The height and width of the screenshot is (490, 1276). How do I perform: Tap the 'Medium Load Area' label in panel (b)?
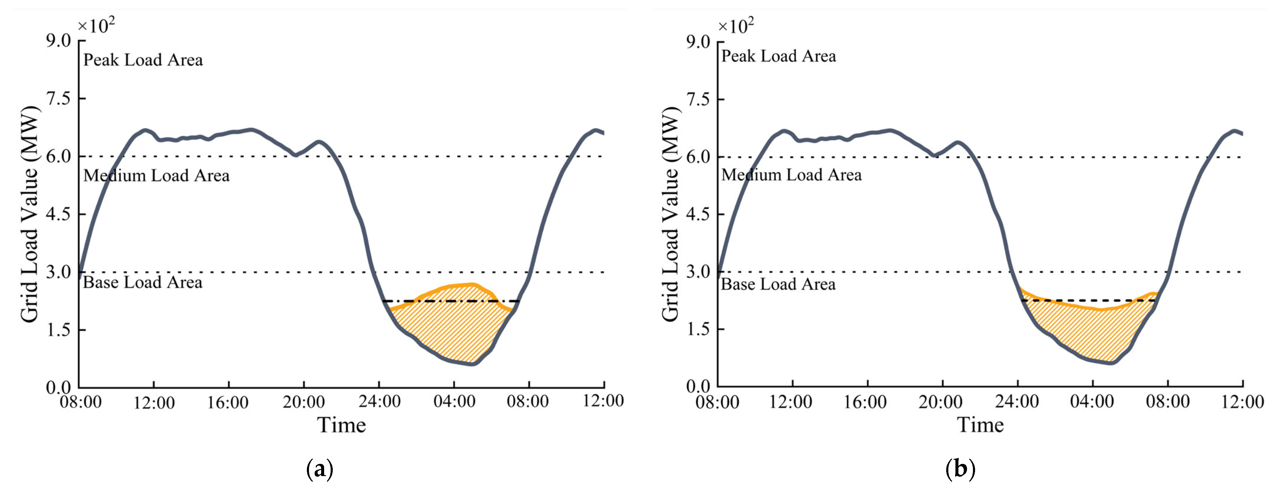tap(791, 175)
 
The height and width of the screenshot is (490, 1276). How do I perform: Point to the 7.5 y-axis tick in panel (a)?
tap(59, 99)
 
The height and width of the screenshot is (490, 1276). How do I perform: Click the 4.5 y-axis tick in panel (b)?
tap(698, 214)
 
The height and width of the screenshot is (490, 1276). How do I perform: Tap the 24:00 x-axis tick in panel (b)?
tap(1018, 401)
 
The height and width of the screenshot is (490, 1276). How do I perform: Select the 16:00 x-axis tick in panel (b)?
tap(865, 401)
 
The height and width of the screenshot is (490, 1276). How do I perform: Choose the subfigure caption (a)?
tap(319, 469)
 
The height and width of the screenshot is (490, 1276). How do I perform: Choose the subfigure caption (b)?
tap(960, 469)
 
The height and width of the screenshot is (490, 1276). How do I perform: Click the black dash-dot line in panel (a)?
tap(451, 301)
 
